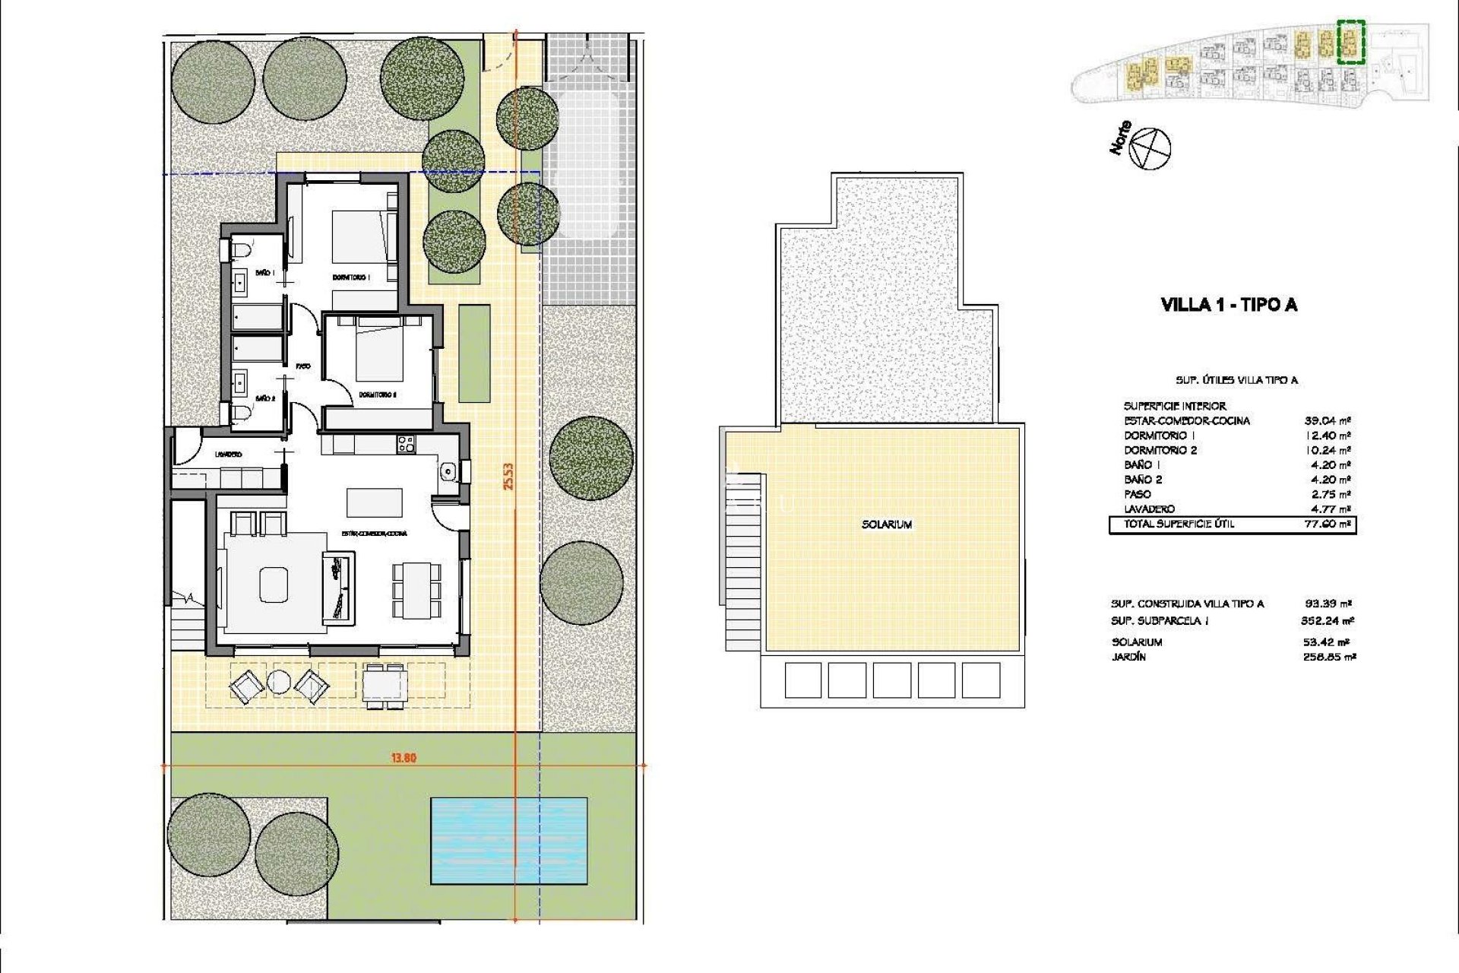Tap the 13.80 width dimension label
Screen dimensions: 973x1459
[x=404, y=758]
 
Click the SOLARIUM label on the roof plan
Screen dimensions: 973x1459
[x=887, y=525]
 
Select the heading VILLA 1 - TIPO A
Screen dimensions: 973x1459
[x=1229, y=305]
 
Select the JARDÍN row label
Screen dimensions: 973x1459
[x=1128, y=657]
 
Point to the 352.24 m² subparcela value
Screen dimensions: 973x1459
[x=1328, y=621]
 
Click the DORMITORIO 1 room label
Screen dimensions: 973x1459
[x=351, y=277]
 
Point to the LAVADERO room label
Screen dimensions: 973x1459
[x=228, y=455]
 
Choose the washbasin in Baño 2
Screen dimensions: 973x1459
[x=239, y=381]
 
